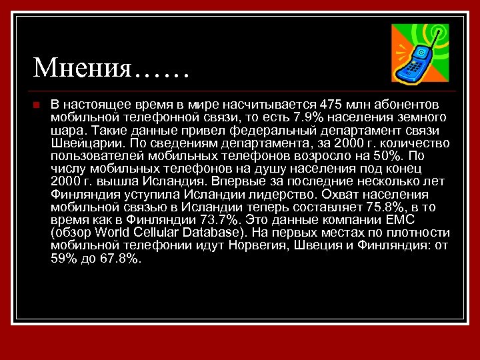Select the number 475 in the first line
pyautogui.click(x=331, y=105)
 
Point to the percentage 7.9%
pyautogui.click(x=308, y=117)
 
